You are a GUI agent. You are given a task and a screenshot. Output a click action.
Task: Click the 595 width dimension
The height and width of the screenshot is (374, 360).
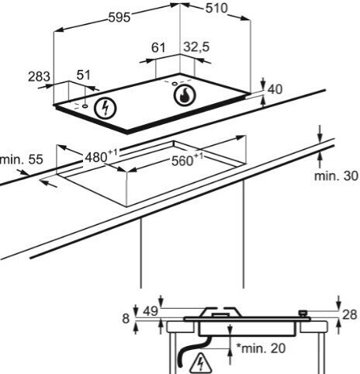click(119, 18)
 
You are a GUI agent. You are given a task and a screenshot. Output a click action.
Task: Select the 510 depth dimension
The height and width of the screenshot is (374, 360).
click(216, 9)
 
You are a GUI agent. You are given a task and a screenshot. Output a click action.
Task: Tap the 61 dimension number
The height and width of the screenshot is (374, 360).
click(158, 47)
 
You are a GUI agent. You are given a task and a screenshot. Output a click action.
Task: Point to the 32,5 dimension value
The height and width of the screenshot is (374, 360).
click(196, 47)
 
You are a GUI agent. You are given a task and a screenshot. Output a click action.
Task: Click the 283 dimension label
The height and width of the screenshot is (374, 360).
click(39, 77)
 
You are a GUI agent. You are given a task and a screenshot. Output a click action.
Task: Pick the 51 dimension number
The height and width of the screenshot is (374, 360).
click(84, 75)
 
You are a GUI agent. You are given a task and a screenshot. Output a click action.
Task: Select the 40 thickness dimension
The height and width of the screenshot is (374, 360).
click(275, 89)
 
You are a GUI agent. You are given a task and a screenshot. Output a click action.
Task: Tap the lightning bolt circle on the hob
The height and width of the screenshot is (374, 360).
click(106, 108)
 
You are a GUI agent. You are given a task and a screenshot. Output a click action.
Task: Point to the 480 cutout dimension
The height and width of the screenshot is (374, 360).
click(101, 155)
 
